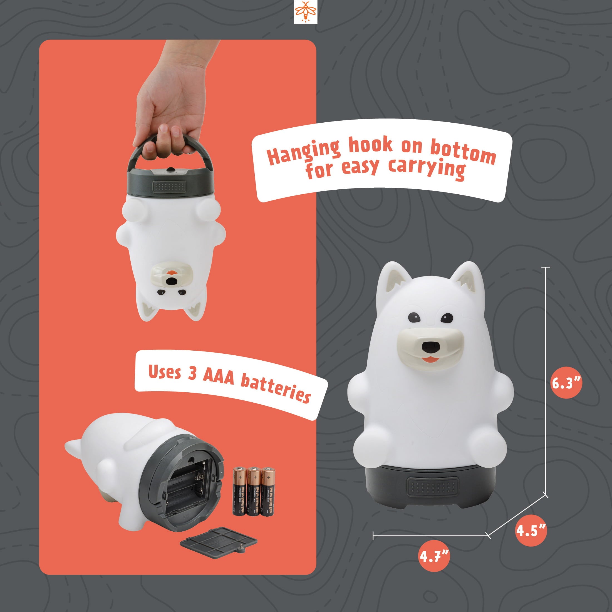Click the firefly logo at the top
[305, 12]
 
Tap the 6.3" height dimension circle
[567, 384]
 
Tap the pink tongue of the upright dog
[430, 359]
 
